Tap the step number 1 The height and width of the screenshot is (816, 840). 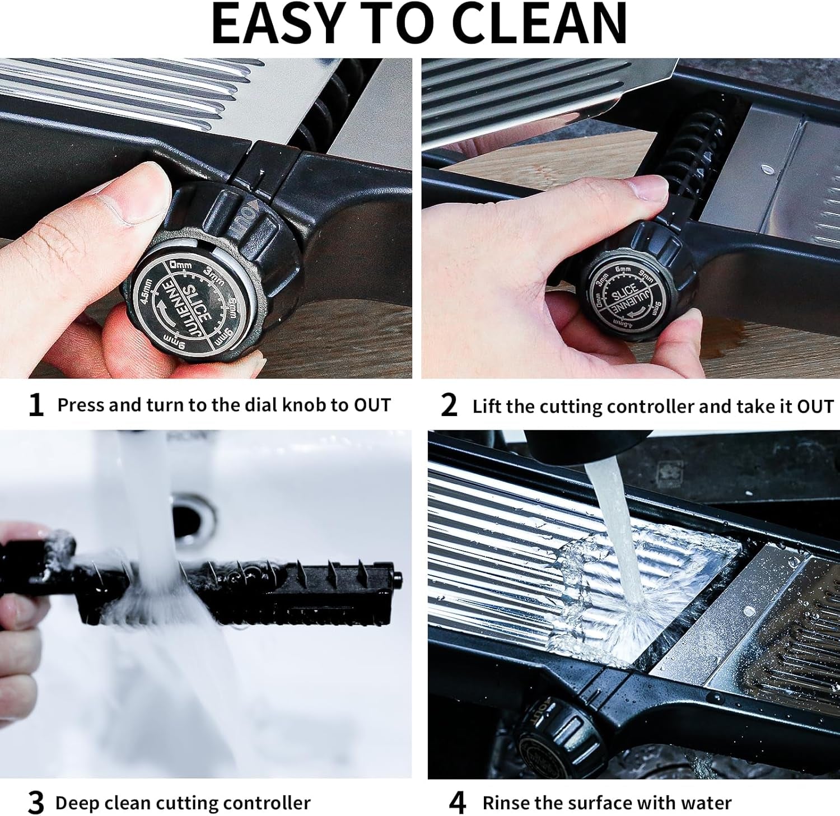click(x=36, y=405)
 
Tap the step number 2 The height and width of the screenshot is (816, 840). click(x=449, y=405)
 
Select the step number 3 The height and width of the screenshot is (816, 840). click(x=36, y=803)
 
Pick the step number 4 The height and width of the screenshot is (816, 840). click(x=457, y=803)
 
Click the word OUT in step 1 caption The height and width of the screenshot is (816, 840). click(x=372, y=405)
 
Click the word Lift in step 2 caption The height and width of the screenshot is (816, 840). click(x=487, y=406)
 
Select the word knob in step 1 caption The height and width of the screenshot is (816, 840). click(x=305, y=405)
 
